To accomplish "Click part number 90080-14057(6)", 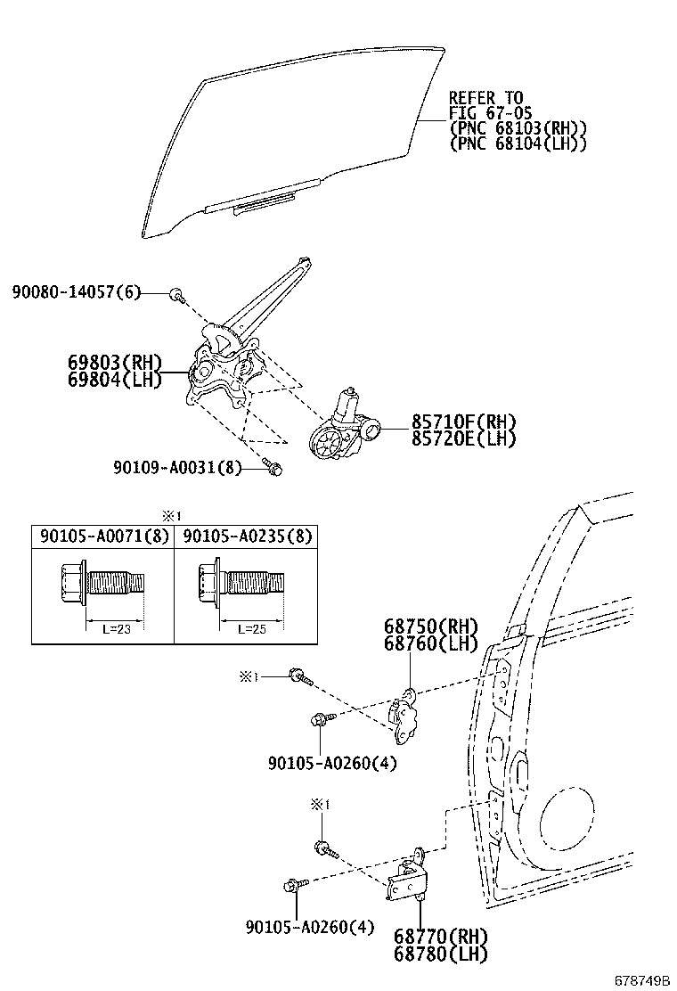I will pyautogui.click(x=77, y=292).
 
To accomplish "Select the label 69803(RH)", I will pyautogui.click(x=115, y=363).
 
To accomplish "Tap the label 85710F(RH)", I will pyautogui.click(x=463, y=422).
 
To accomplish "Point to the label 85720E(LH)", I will pyautogui.click(x=463, y=438).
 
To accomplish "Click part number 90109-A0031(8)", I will pyautogui.click(x=177, y=466).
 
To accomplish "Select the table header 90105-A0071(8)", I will pyautogui.click(x=102, y=536).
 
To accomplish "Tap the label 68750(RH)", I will pyautogui.click(x=431, y=627).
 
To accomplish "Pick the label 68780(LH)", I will pyautogui.click(x=442, y=954).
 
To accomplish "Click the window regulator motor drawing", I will pyautogui.click(x=343, y=427).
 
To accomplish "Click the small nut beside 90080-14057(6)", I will pyautogui.click(x=176, y=293).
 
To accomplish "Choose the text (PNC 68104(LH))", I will pyautogui.click(x=518, y=143).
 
